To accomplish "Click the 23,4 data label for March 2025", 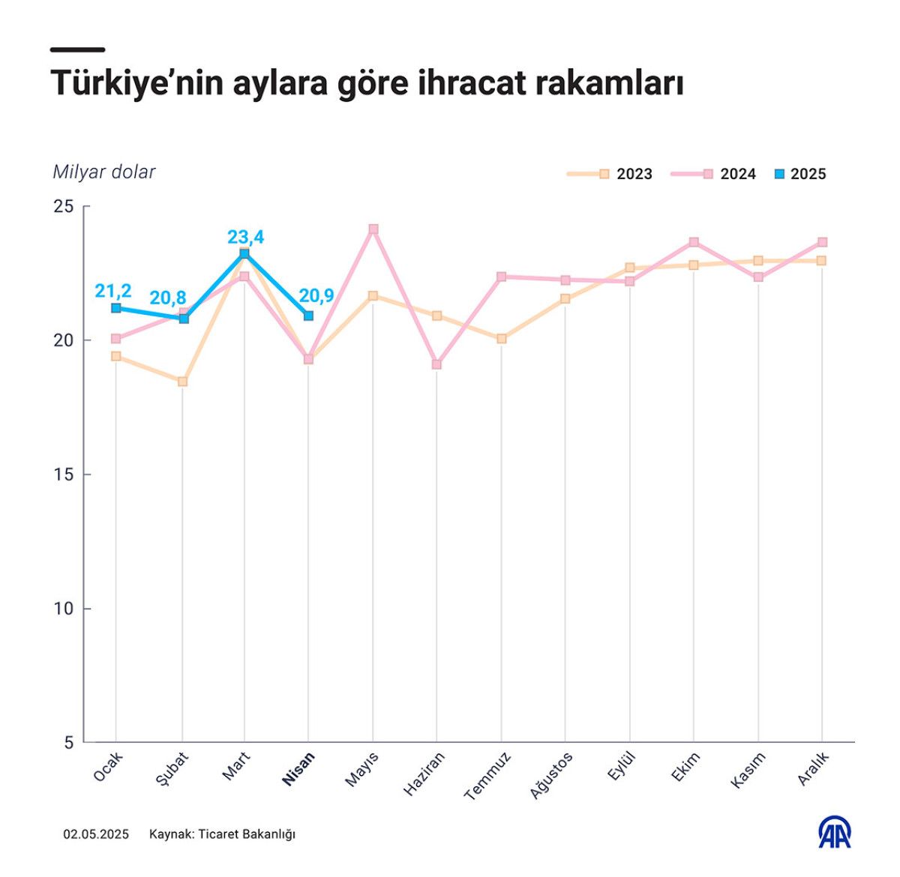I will point(245,238).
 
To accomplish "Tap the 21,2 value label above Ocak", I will point(113,291).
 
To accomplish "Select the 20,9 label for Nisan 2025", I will point(316,296).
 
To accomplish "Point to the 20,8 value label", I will point(168,298).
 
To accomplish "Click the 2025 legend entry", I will point(800,174).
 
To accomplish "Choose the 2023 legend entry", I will point(610,174).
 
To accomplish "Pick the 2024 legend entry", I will point(714,174).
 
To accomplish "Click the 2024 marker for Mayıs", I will point(373,229).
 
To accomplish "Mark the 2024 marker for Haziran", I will point(436,364).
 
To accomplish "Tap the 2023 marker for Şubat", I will point(182,382).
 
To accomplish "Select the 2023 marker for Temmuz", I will point(502,339).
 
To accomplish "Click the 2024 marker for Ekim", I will point(694,242).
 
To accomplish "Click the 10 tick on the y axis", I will point(64,609).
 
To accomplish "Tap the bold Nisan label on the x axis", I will point(298,768).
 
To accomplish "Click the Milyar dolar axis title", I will point(103,172).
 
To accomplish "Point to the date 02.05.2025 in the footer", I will point(96,834).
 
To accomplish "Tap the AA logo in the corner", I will point(834,833).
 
